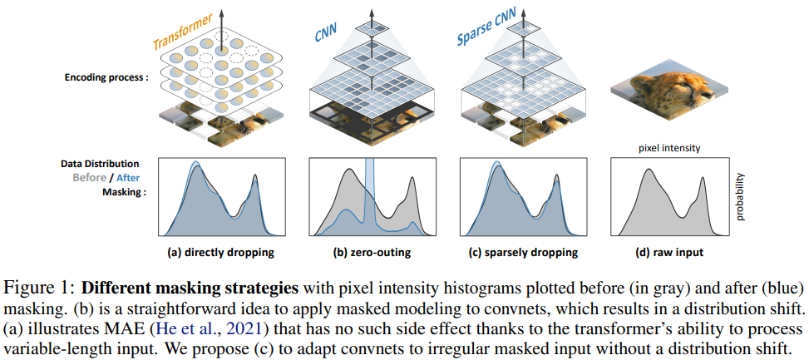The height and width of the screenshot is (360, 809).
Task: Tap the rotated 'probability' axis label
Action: click(x=741, y=197)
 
